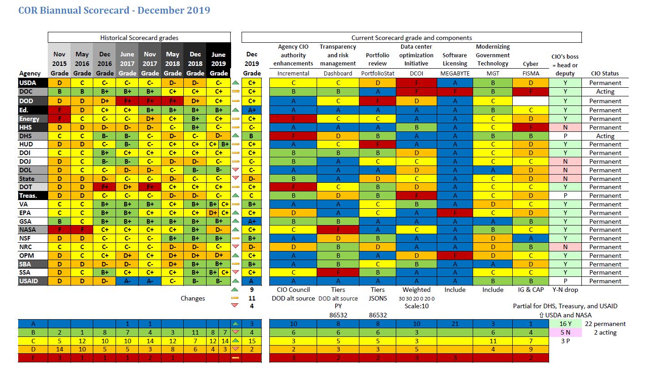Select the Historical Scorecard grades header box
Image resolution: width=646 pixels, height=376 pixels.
pos(139,38)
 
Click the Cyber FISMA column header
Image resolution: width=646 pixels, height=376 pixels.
pos(530,69)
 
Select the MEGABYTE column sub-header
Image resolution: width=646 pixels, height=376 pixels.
pos(455,73)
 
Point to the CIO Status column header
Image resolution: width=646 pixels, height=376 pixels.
pos(605,73)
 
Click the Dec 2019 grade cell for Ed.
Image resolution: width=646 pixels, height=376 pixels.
pos(252,110)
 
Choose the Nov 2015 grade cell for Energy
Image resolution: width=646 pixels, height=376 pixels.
pos(59,119)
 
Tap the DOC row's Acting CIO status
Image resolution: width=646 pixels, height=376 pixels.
pos(605,91)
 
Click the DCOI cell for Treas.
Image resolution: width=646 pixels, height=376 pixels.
pos(416,196)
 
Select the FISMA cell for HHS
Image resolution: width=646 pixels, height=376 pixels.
pos(530,127)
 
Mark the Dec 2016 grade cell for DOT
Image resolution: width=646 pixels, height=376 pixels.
pos(105,187)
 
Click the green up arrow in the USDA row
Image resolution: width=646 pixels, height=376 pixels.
pos(235,83)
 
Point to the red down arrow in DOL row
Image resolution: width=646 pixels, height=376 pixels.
pos(235,170)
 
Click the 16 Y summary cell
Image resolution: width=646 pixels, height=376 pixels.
pos(565,324)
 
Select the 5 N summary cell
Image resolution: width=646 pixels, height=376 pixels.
pos(565,332)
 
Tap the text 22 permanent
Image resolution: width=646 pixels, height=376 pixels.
pos(605,324)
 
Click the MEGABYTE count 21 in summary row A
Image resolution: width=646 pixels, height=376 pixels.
pos(455,324)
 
